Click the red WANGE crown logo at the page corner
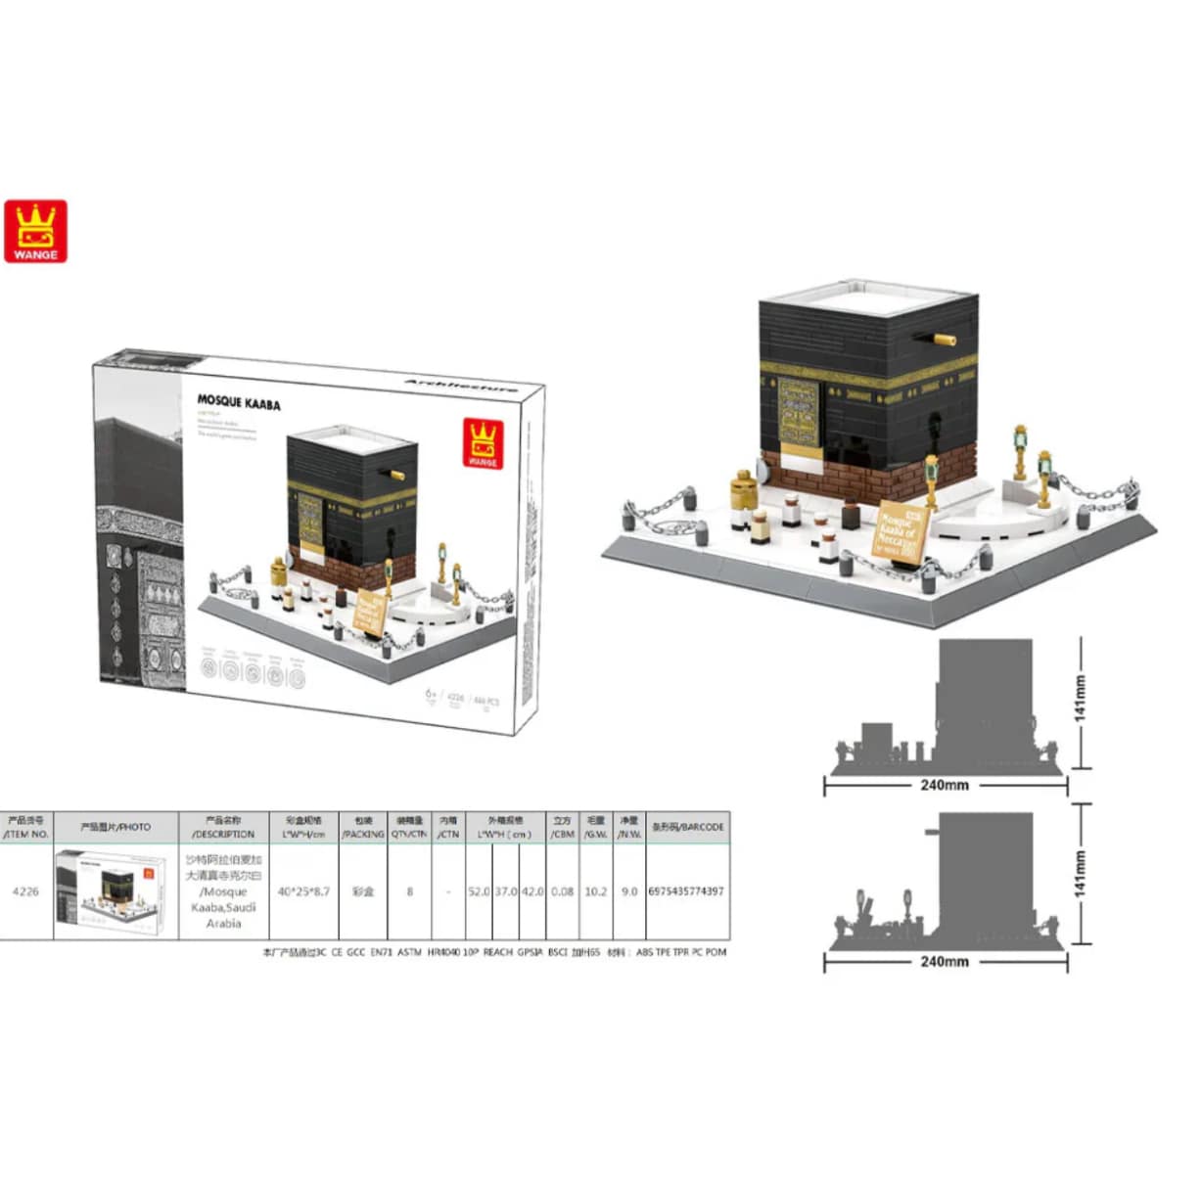tap(35, 231)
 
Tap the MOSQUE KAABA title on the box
tap(239, 401)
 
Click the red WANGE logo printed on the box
tap(482, 445)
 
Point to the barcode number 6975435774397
tap(686, 891)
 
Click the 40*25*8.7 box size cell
tap(303, 891)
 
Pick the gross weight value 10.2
tap(595, 891)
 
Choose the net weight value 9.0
tap(628, 891)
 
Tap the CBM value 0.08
tap(562, 891)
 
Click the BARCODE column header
tap(688, 827)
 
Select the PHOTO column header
tap(116, 827)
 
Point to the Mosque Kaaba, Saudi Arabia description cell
tap(223, 891)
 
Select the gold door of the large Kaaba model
tap(799, 411)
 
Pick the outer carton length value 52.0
tap(479, 891)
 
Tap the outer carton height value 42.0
tap(532, 891)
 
